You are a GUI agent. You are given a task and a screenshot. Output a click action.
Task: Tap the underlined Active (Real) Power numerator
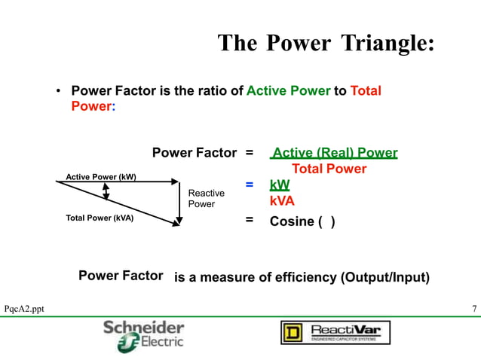[x=334, y=154]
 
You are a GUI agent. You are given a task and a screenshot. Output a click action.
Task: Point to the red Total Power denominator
[x=329, y=169]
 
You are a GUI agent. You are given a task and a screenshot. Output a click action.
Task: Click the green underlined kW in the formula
[x=279, y=185]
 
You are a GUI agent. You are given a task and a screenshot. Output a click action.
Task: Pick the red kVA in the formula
[x=282, y=201]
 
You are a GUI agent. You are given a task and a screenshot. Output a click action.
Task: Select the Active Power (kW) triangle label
[x=101, y=177]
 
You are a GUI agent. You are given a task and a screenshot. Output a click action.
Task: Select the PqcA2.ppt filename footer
[x=24, y=309]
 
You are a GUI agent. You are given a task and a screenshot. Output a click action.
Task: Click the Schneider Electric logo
[x=143, y=334]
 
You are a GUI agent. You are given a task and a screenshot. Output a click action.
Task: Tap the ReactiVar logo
[x=335, y=332]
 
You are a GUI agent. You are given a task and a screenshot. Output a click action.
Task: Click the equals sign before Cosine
[x=249, y=221]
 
